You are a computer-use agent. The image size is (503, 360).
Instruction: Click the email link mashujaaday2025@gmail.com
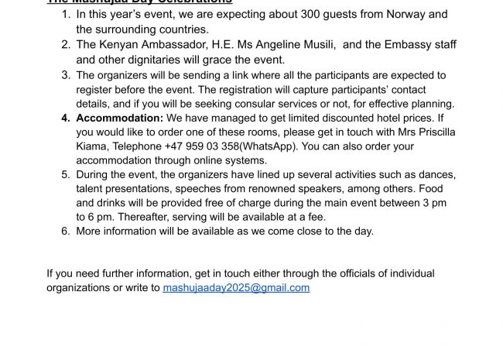[236, 287]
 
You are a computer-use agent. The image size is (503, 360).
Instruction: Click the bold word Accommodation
[119, 118]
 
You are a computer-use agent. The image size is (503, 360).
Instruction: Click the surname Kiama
[93, 146]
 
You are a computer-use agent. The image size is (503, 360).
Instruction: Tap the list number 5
[66, 174]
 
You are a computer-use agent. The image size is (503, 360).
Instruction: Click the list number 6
[66, 231]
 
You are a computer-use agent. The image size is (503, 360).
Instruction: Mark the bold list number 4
[66, 118]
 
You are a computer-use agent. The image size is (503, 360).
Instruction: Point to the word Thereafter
[142, 217]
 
